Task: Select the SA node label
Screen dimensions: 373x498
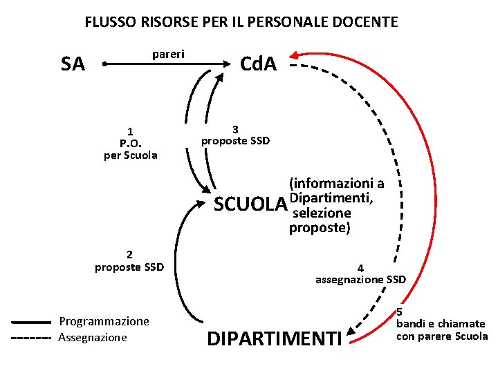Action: pyautogui.click(x=73, y=65)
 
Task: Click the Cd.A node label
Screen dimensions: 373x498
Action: pyautogui.click(x=257, y=64)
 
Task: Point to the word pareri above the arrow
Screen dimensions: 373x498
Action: pyautogui.click(x=167, y=53)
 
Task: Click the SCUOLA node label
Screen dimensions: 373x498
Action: pyautogui.click(x=250, y=205)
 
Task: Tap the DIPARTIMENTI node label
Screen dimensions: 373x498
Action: pyautogui.click(x=275, y=339)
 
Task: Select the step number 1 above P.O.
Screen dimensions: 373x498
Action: pyautogui.click(x=130, y=131)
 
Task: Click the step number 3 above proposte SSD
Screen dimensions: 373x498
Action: pyautogui.click(x=235, y=129)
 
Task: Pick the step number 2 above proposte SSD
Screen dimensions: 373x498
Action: pyautogui.click(x=129, y=254)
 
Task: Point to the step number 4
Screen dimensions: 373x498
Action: pyautogui.click(x=360, y=268)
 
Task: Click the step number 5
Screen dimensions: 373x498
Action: pyautogui.click(x=399, y=312)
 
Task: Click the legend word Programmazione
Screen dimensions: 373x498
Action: pyautogui.click(x=104, y=321)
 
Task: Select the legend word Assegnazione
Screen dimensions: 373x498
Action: pyautogui.click(x=93, y=337)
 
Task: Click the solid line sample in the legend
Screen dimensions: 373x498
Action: pyautogui.click(x=32, y=321)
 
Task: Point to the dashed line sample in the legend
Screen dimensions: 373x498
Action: pyautogui.click(x=32, y=338)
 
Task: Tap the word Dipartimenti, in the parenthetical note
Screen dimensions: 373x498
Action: pyautogui.click(x=333, y=199)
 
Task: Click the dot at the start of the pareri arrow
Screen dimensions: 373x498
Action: pyautogui.click(x=103, y=64)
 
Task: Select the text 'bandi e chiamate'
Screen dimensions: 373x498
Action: pyautogui.click(x=440, y=323)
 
